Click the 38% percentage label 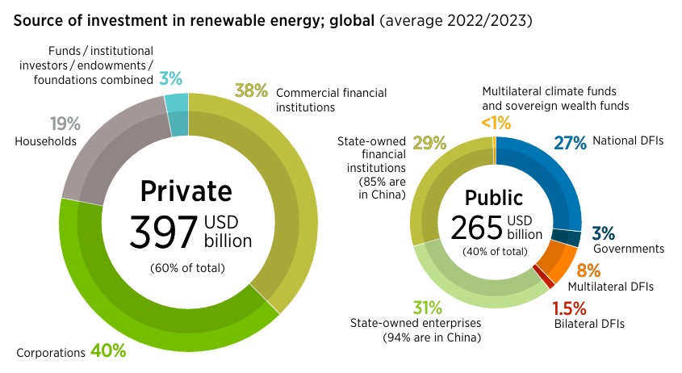251,91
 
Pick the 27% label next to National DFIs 570,143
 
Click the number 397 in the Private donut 162,233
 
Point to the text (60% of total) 187,268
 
